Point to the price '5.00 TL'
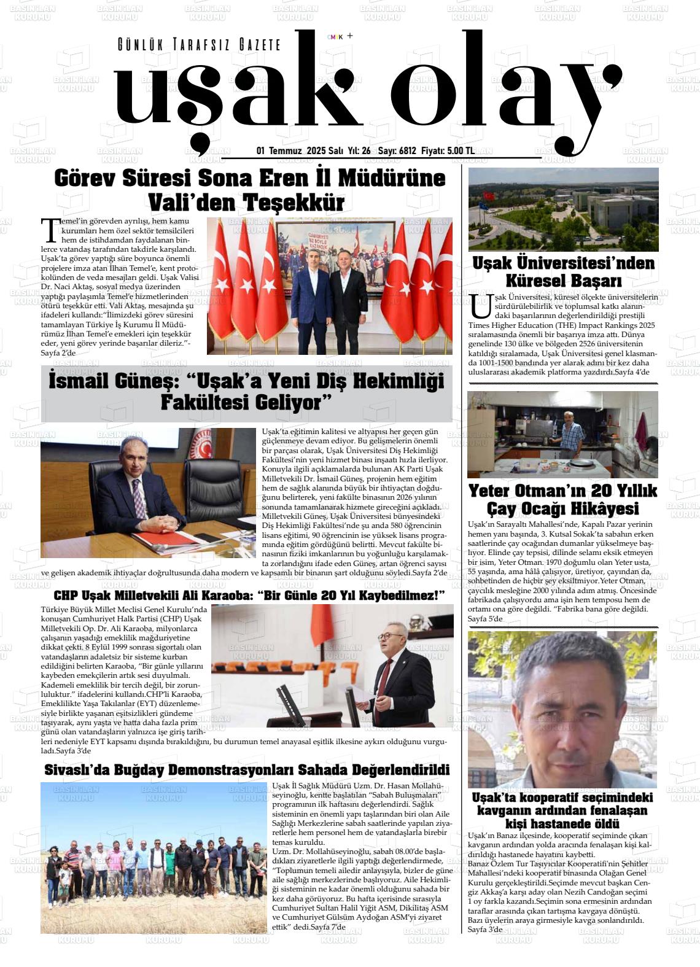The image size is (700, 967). (460, 150)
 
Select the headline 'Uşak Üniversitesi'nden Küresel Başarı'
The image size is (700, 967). (563, 272)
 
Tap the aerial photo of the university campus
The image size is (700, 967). (563, 209)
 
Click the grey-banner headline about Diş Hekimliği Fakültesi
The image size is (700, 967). (246, 392)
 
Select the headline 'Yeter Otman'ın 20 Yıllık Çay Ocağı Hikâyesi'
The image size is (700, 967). (562, 499)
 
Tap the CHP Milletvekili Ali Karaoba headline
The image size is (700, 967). (249, 595)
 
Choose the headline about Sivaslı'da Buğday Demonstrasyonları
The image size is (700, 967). (247, 769)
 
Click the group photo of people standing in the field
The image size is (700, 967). (154, 857)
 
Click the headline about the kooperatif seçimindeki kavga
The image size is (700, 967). (562, 810)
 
